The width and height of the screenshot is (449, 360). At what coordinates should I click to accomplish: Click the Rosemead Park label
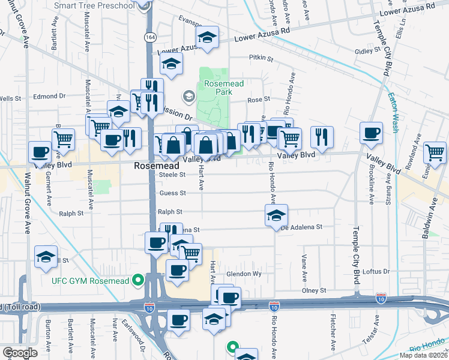click(x=224, y=88)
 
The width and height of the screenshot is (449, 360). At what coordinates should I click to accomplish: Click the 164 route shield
click(x=148, y=37)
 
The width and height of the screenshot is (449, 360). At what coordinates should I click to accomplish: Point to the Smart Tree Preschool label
click(x=102, y=6)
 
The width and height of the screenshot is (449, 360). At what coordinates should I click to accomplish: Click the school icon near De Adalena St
click(x=276, y=215)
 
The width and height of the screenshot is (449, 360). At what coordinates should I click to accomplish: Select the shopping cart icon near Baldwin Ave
click(x=435, y=152)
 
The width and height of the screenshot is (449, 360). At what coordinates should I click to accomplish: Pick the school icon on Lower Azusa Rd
click(x=207, y=38)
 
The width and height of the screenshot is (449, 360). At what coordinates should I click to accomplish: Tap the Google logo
click(x=19, y=352)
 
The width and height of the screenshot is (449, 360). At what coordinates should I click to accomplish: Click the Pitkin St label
click(x=261, y=59)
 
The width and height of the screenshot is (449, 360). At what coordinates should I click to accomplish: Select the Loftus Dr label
click(x=377, y=271)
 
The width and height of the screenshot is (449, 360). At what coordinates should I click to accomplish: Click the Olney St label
click(x=314, y=290)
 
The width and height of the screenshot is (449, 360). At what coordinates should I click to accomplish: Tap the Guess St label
click(x=173, y=193)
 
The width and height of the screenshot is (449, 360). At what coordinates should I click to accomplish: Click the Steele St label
click(x=173, y=174)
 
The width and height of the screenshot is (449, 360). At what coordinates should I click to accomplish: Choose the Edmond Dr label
click(x=49, y=96)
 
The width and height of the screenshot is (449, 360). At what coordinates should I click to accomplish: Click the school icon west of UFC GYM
click(x=46, y=256)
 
